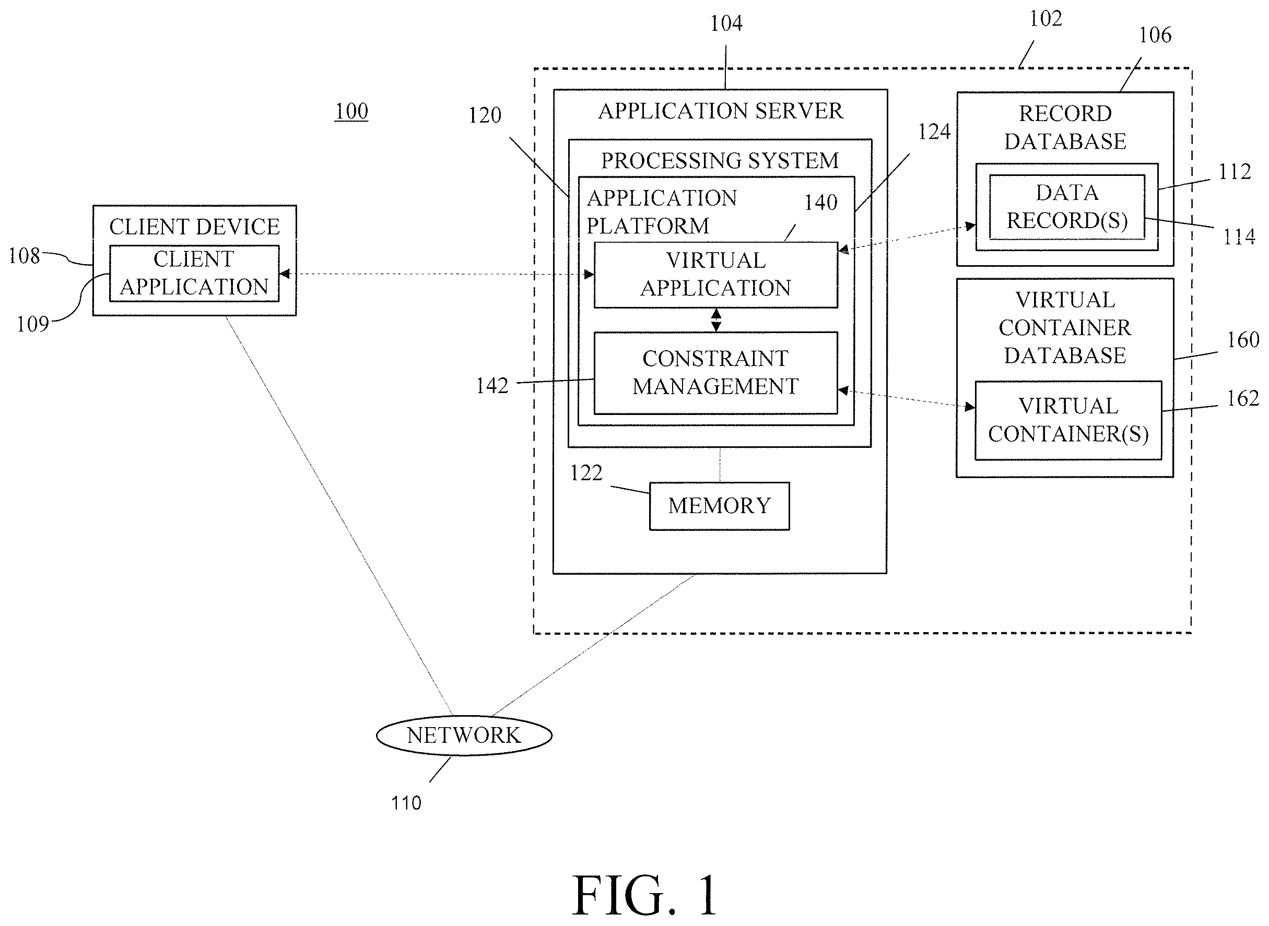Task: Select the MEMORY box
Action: coord(720,506)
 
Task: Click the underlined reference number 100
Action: coord(351,111)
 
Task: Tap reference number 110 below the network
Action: coord(406,803)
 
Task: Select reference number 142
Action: coord(492,386)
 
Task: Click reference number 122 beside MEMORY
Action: coord(586,473)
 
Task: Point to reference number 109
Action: coord(33,324)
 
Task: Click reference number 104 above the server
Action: coord(726,23)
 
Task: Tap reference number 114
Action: coord(1239,237)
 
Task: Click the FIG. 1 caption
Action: coord(644,895)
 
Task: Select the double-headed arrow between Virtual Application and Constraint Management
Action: coord(716,320)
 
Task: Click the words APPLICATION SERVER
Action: coord(721,111)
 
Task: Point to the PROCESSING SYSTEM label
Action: coord(720,161)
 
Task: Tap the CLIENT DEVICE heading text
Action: coord(194,227)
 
